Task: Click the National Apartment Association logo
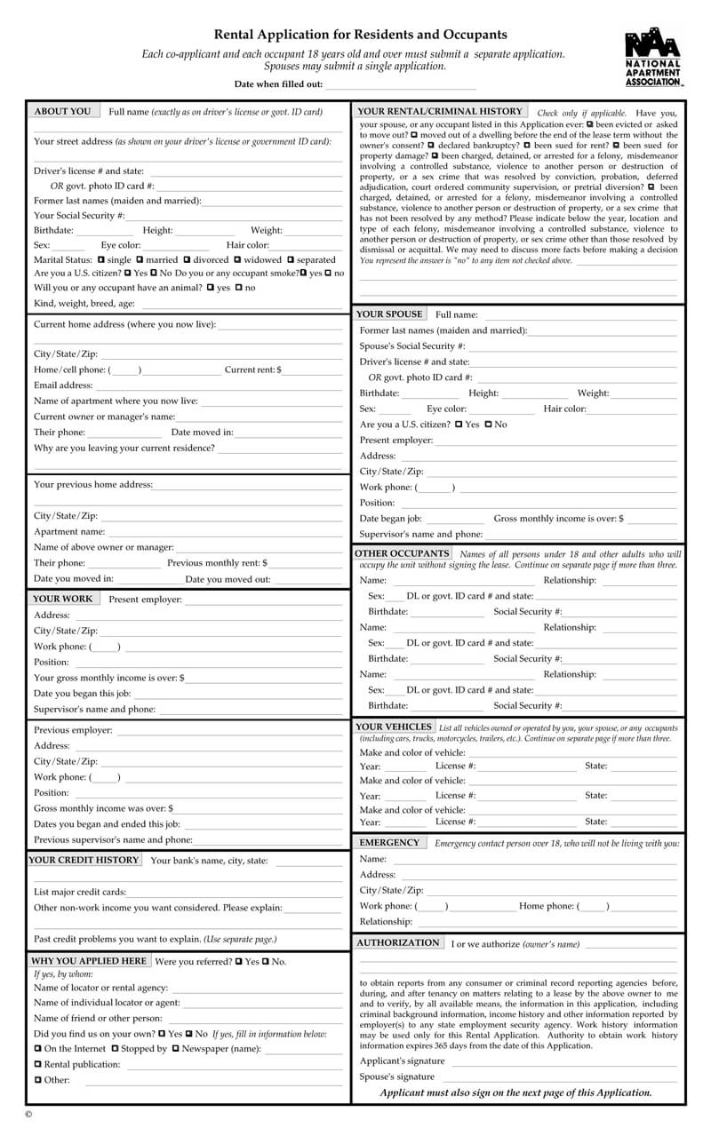pos(653,57)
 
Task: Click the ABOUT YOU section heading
pos(62,112)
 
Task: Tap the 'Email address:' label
pos(63,385)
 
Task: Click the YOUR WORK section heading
pos(63,600)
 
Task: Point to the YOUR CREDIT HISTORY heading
pos(84,860)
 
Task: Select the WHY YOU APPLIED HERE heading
pos(89,961)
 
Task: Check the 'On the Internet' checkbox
pos(38,1049)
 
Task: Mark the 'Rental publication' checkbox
pos(38,1064)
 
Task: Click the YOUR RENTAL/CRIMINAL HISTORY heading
pos(439,112)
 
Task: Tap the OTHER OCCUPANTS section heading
pos(402,553)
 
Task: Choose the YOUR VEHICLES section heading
pos(394,727)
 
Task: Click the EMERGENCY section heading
pos(389,842)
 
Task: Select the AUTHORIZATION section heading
pos(398,942)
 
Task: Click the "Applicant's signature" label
pos(402,1061)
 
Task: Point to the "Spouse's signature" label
pos(397,1077)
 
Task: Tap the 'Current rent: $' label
pos(253,369)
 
